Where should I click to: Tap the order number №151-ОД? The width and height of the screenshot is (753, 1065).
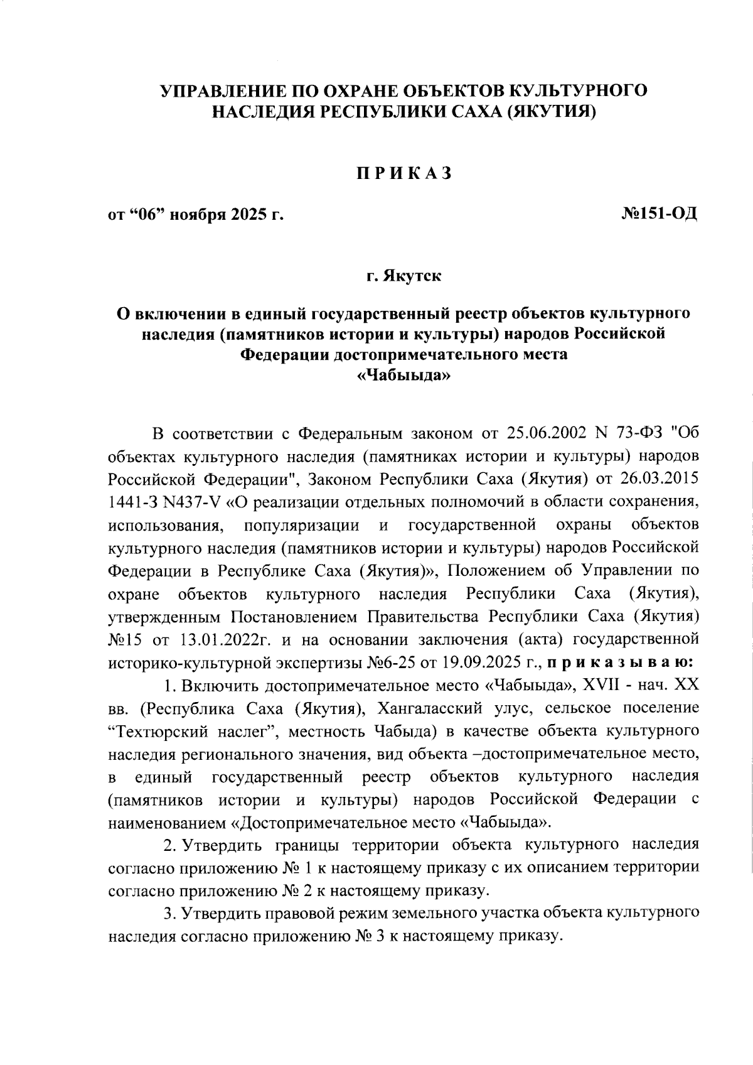659,215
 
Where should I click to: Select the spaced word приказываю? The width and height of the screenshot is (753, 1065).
620,662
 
